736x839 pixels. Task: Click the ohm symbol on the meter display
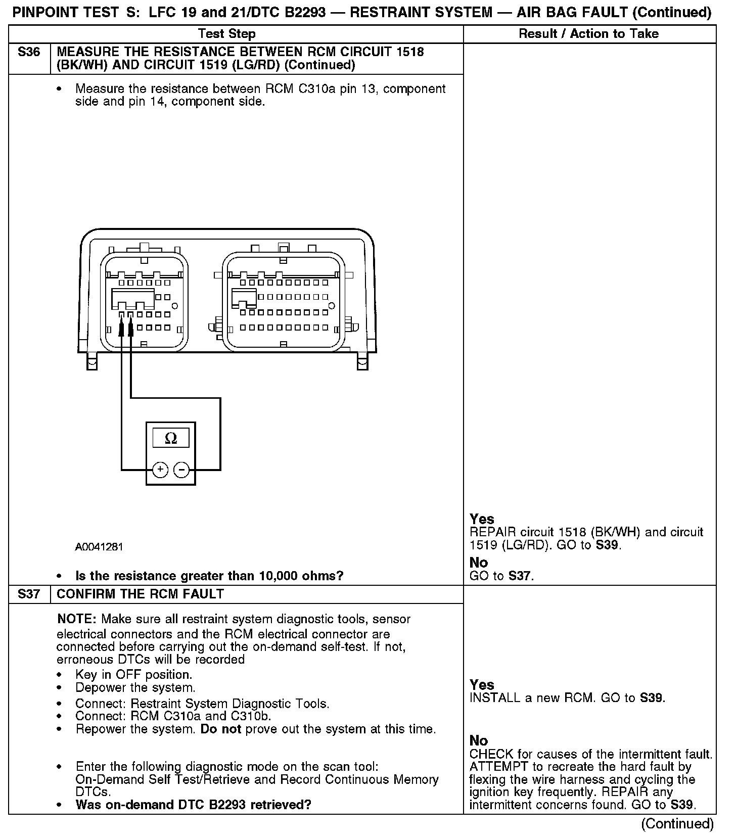point(171,438)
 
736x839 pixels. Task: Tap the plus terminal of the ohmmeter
point(160,470)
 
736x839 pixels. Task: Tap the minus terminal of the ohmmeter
point(181,470)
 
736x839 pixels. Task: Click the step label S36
point(29,52)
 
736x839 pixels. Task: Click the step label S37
point(29,594)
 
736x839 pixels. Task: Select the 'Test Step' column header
point(226,34)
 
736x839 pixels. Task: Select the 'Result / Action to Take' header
point(589,34)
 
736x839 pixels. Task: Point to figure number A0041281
point(99,547)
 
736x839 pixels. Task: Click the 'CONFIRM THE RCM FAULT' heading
point(140,594)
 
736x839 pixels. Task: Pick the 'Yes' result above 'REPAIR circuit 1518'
point(482,519)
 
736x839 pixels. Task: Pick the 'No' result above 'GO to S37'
point(479,563)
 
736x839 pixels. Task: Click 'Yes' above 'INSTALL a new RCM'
point(482,685)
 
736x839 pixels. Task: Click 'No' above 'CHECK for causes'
point(479,740)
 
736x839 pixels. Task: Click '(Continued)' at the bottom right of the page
point(677,824)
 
